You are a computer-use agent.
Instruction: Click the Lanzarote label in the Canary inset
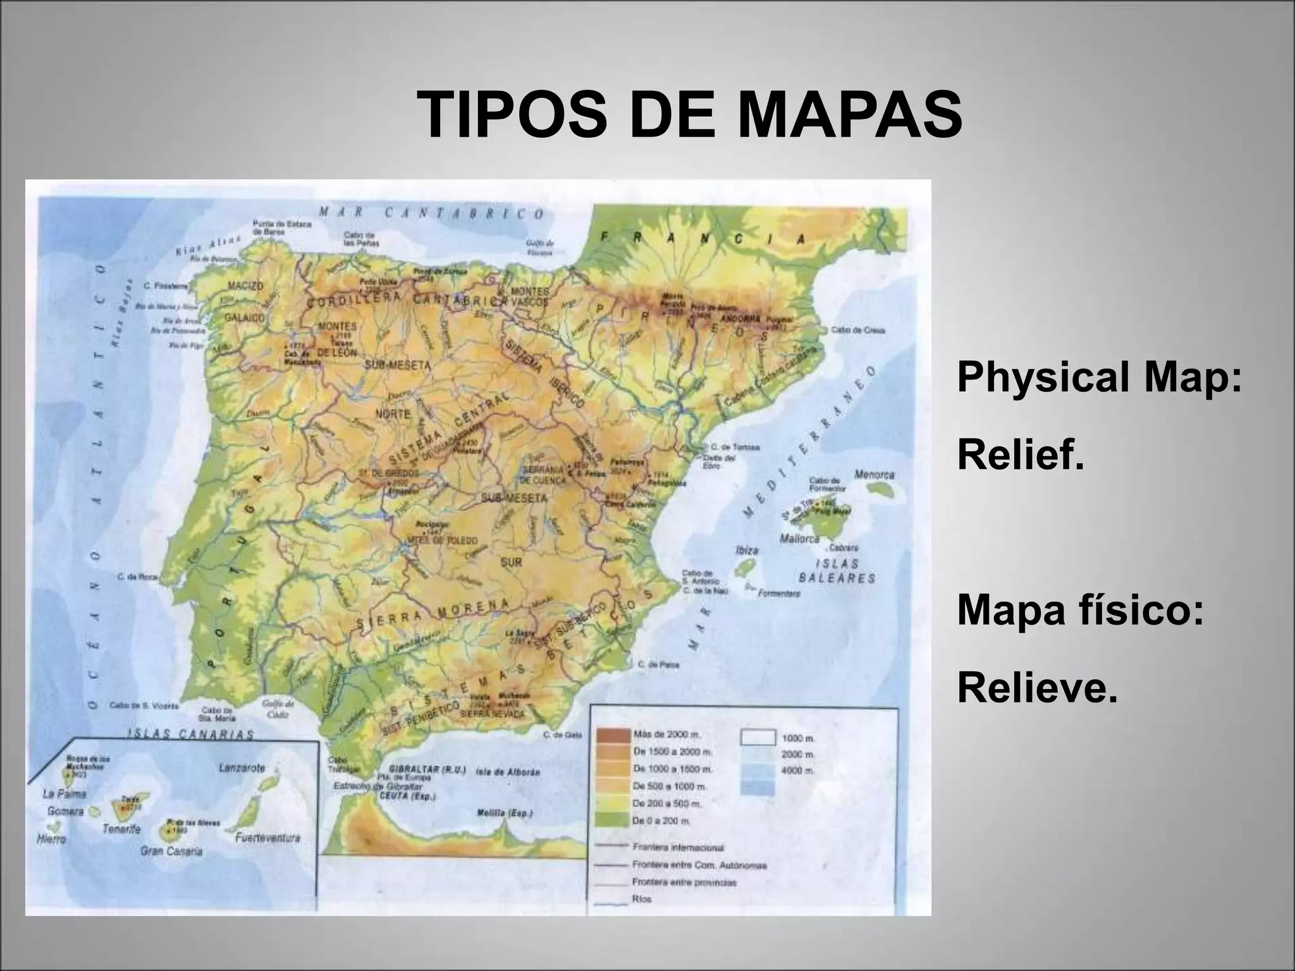pos(241,768)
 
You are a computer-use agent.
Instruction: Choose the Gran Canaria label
pos(172,852)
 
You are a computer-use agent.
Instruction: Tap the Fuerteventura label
pos(267,838)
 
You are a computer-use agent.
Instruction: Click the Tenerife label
pos(121,829)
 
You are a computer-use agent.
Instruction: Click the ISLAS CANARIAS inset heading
pos(190,734)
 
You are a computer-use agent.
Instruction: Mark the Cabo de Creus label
pos(857,330)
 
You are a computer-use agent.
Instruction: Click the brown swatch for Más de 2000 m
pos(611,736)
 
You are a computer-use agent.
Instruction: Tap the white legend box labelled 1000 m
pos(757,737)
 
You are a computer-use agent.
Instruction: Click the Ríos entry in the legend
pos(641,898)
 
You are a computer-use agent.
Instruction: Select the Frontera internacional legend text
pos(678,848)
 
